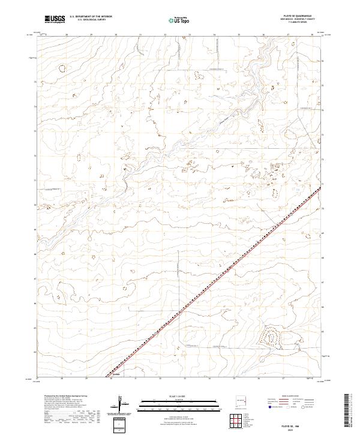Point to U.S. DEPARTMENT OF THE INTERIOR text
(x=91, y=17)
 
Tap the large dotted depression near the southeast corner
(x=270, y=338)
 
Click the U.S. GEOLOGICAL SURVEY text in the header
(x=89, y=21)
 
